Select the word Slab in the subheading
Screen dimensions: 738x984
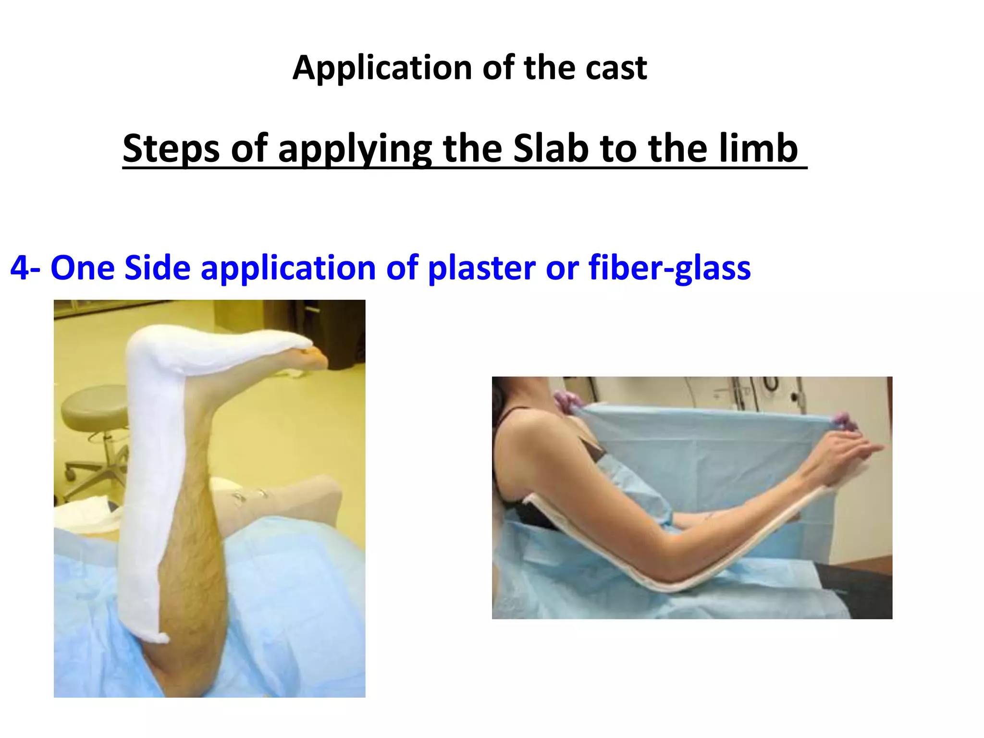(x=551, y=148)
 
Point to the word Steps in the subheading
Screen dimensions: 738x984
(x=171, y=148)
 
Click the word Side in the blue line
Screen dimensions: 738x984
(x=158, y=268)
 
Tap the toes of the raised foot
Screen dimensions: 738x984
(x=315, y=358)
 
